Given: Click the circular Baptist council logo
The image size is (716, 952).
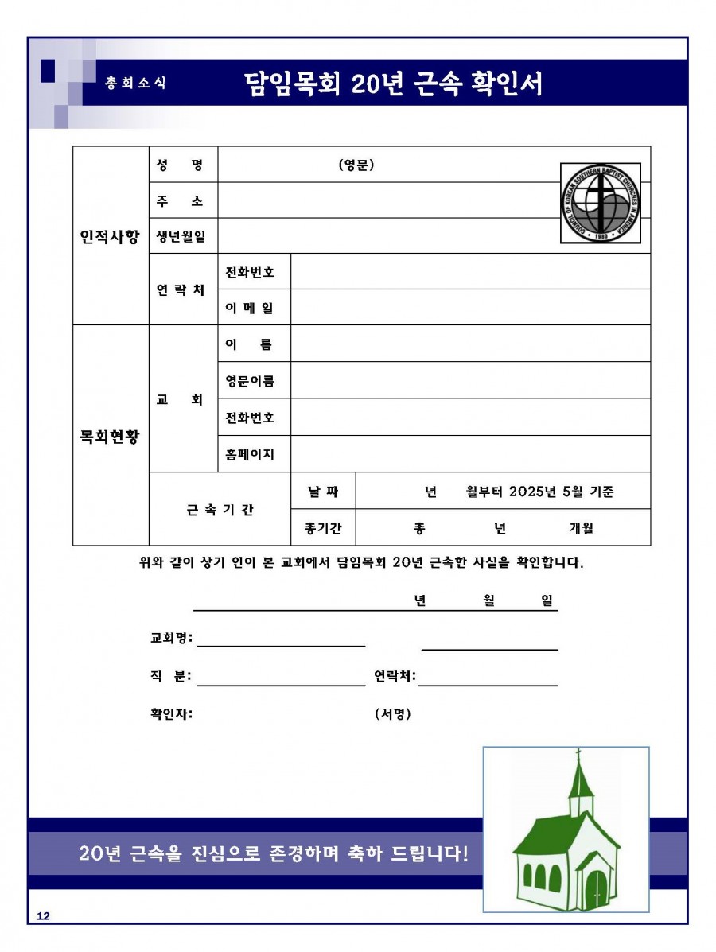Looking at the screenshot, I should tap(601, 204).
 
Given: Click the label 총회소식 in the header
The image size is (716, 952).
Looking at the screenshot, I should tap(136, 83).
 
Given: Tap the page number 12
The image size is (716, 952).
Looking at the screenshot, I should tap(43, 917).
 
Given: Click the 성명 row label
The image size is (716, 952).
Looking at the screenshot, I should tap(181, 165).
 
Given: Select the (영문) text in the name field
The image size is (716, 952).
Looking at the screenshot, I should tap(356, 165).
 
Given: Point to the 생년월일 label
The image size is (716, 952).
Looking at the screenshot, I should tap(181, 236).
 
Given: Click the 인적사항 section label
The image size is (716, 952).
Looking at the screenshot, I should tap(110, 236).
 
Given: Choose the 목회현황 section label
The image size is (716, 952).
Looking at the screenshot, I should tap(110, 436).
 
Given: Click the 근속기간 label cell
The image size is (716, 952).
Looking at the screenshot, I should tap(220, 510).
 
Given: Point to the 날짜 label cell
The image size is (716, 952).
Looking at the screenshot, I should tap(322, 492).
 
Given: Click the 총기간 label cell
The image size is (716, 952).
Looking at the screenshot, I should tap(322, 528).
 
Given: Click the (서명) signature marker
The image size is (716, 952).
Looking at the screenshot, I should tap(392, 713).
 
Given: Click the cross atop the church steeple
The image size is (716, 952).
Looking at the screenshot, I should tap(578, 753).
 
